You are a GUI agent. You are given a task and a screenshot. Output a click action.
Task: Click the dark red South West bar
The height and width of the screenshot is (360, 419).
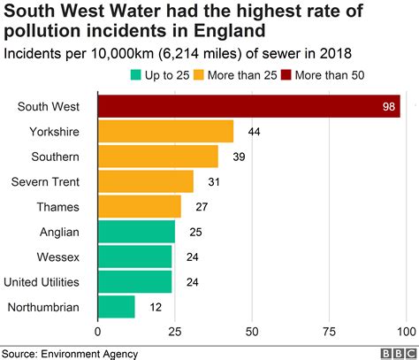pyautogui.click(x=248, y=107)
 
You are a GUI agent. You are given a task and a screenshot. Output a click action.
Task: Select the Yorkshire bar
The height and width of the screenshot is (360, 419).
pyautogui.click(x=165, y=132)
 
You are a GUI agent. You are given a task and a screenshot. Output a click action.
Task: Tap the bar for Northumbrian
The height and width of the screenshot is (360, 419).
pyautogui.click(x=116, y=307)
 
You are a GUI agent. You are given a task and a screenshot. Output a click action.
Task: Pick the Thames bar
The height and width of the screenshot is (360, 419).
pyautogui.click(x=140, y=207)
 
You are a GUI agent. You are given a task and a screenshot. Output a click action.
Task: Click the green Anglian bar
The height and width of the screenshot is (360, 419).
pyautogui.click(x=136, y=232)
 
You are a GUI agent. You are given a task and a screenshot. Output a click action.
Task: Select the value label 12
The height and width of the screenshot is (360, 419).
pyautogui.click(x=154, y=307)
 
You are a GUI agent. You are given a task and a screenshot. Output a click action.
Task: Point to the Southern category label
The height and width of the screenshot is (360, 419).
pyautogui.click(x=56, y=157)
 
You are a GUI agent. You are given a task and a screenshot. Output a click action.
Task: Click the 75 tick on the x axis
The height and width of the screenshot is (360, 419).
pyautogui.click(x=329, y=333)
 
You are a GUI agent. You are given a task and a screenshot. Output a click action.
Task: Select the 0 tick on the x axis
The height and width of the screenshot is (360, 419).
pyautogui.click(x=98, y=333)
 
